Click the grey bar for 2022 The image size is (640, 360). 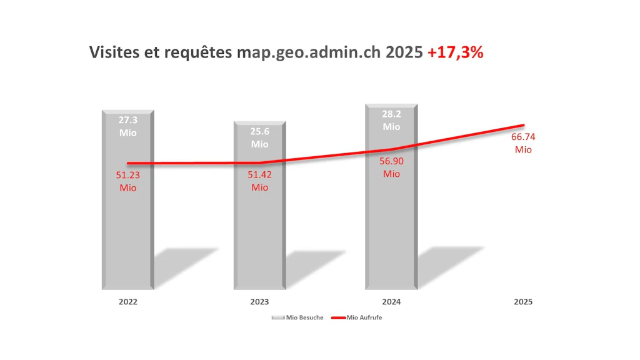(128, 237)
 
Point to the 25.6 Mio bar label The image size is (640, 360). (259, 137)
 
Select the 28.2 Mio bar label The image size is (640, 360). (391, 120)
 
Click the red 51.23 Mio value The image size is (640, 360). (128, 181)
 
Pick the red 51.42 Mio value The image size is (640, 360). (259, 181)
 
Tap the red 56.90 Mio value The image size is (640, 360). (391, 167)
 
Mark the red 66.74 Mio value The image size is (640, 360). (523, 143)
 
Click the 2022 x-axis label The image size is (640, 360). (128, 301)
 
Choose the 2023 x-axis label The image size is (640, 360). (259, 301)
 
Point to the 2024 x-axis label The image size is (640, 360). (391, 301)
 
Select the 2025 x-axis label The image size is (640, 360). (523, 301)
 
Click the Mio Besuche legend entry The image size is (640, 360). (298, 317)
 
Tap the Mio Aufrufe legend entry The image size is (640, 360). (356, 317)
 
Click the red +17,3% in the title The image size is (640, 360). (456, 52)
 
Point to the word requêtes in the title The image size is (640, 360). (197, 52)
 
